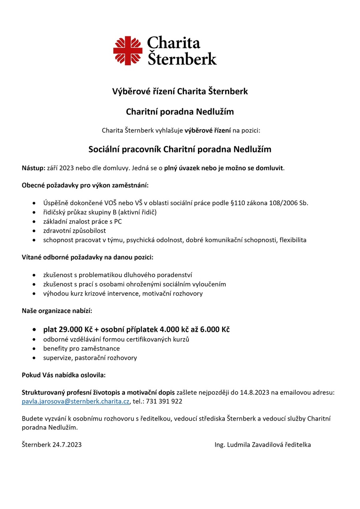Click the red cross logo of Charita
128,50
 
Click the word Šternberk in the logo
182,58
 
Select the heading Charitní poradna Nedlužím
180,112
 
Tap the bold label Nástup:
34,168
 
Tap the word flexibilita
293,240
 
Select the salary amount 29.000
70,330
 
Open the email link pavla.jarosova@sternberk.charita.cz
76,401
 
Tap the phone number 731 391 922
166,401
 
